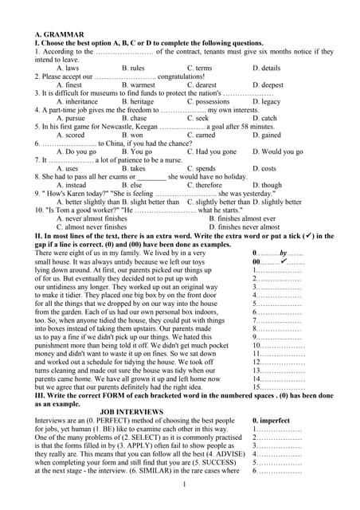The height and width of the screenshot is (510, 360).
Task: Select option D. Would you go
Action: [277, 151]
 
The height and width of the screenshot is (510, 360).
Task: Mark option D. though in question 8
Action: [267, 185]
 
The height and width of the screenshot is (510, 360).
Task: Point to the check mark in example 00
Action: [284, 261]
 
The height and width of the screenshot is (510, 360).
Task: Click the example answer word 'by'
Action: [283, 252]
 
